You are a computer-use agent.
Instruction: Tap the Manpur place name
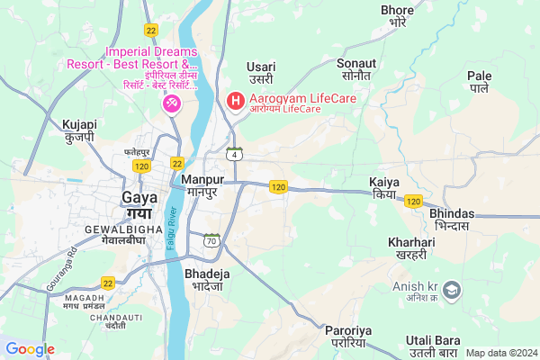202,186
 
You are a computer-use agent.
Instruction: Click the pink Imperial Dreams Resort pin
170,105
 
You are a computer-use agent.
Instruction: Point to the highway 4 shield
234,153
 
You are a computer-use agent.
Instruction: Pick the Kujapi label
80,131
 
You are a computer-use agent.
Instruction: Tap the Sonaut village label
355,70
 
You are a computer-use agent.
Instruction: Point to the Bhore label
397,16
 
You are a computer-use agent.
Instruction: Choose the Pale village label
480,82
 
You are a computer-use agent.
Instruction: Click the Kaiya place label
384,188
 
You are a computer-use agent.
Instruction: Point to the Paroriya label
346,337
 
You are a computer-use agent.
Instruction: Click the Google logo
31,349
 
